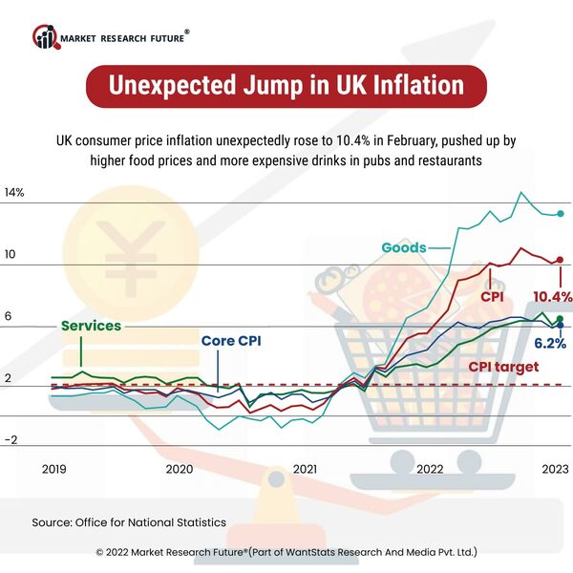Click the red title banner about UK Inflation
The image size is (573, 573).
coord(286,86)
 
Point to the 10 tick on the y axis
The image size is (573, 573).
coord(11,256)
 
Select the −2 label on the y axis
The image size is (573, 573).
coord(11,440)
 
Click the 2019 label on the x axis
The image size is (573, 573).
coord(53,469)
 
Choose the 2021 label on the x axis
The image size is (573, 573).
coord(305,469)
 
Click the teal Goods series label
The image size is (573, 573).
coord(403,247)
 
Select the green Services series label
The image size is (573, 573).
coord(91,326)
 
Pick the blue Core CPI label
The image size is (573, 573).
coord(230,341)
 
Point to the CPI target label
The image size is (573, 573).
coord(503,367)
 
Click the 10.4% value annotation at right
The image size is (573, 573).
coord(552,297)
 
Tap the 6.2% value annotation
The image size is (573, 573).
coord(550,342)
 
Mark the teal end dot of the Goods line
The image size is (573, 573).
coord(560,213)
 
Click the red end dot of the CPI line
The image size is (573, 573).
coord(560,260)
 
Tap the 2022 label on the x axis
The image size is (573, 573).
coord(430,469)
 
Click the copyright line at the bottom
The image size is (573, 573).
coord(286,552)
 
